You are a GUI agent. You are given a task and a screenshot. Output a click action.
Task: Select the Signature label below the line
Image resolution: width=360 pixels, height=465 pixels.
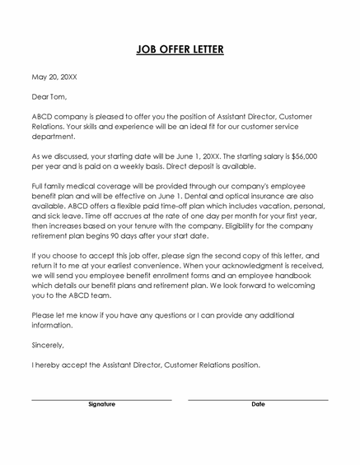point(101,405)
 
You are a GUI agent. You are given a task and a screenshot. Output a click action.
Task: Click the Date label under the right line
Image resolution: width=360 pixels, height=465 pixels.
point(258,405)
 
